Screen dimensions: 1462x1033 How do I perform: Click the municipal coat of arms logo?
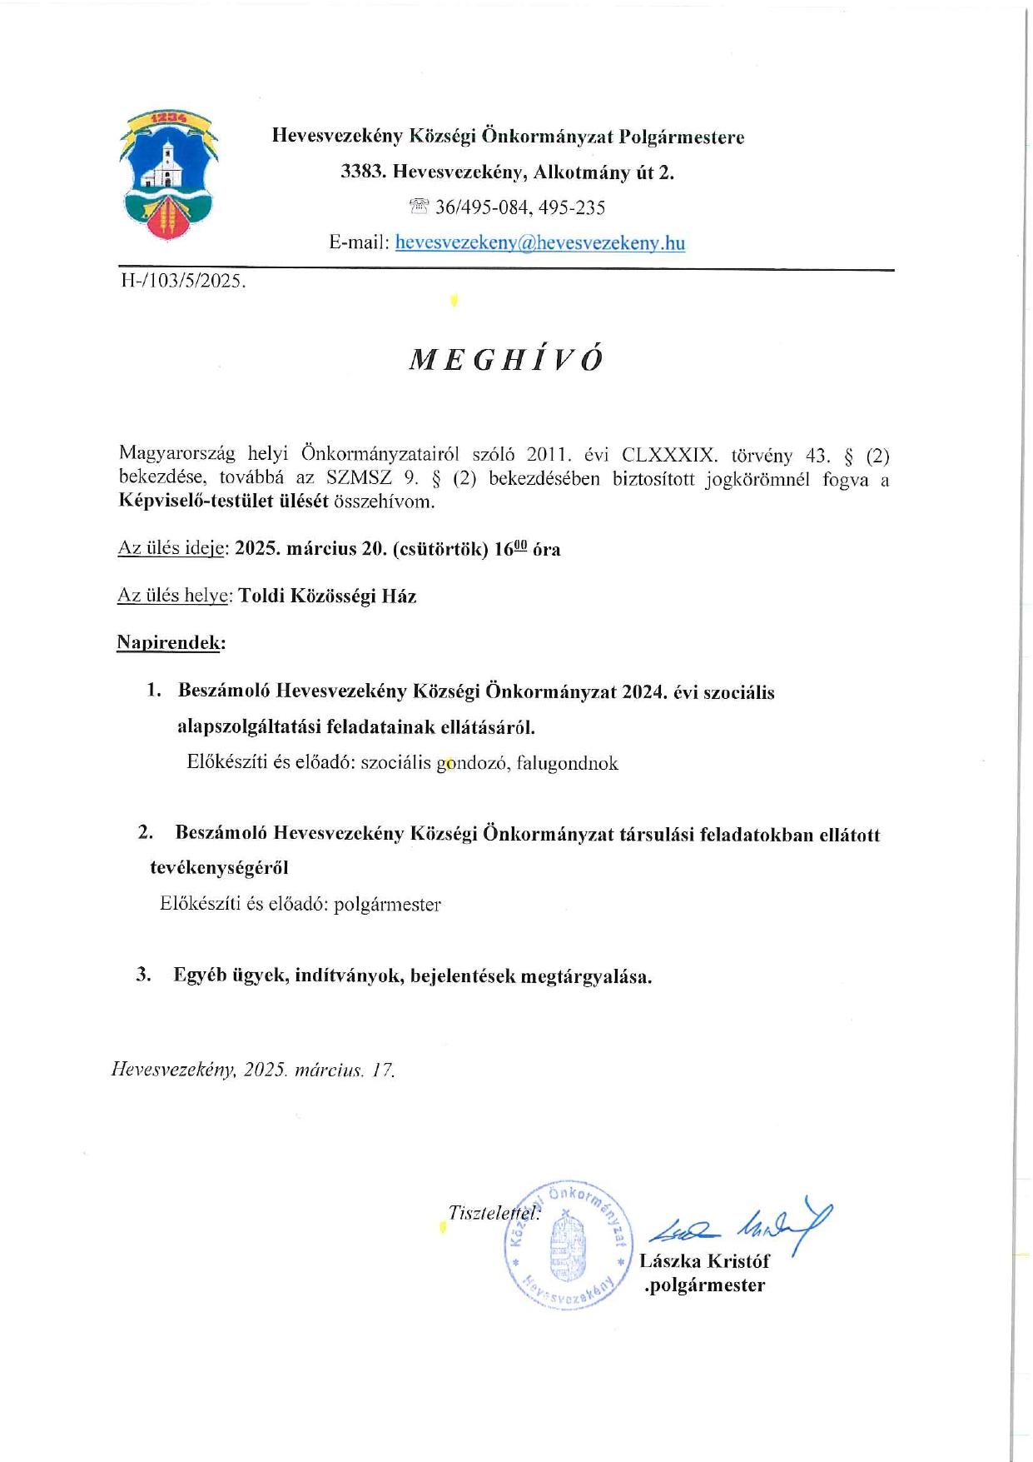(x=169, y=175)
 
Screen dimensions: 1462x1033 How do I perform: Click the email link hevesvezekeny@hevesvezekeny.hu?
(x=540, y=242)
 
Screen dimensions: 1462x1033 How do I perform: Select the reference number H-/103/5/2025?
(x=183, y=281)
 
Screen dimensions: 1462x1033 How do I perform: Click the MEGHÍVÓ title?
(x=506, y=359)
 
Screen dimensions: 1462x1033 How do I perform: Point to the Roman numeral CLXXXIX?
(x=669, y=456)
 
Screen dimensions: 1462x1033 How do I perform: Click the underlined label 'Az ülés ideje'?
(x=172, y=548)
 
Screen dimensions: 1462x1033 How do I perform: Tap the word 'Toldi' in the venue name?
(x=261, y=596)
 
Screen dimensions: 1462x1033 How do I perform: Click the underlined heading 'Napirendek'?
(x=169, y=642)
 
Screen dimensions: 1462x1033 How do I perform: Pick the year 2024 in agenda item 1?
(x=644, y=691)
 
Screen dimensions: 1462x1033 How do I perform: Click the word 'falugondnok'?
(x=567, y=763)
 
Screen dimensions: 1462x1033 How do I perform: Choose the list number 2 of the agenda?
(x=146, y=832)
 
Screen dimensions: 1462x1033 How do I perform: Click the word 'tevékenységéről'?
(x=219, y=868)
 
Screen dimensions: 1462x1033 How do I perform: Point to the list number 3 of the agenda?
(x=144, y=975)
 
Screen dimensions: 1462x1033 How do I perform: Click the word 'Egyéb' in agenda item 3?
(x=200, y=975)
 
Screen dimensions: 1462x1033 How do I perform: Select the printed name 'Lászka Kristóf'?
(x=704, y=1261)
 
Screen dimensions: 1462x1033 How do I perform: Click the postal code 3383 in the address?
(x=362, y=172)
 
